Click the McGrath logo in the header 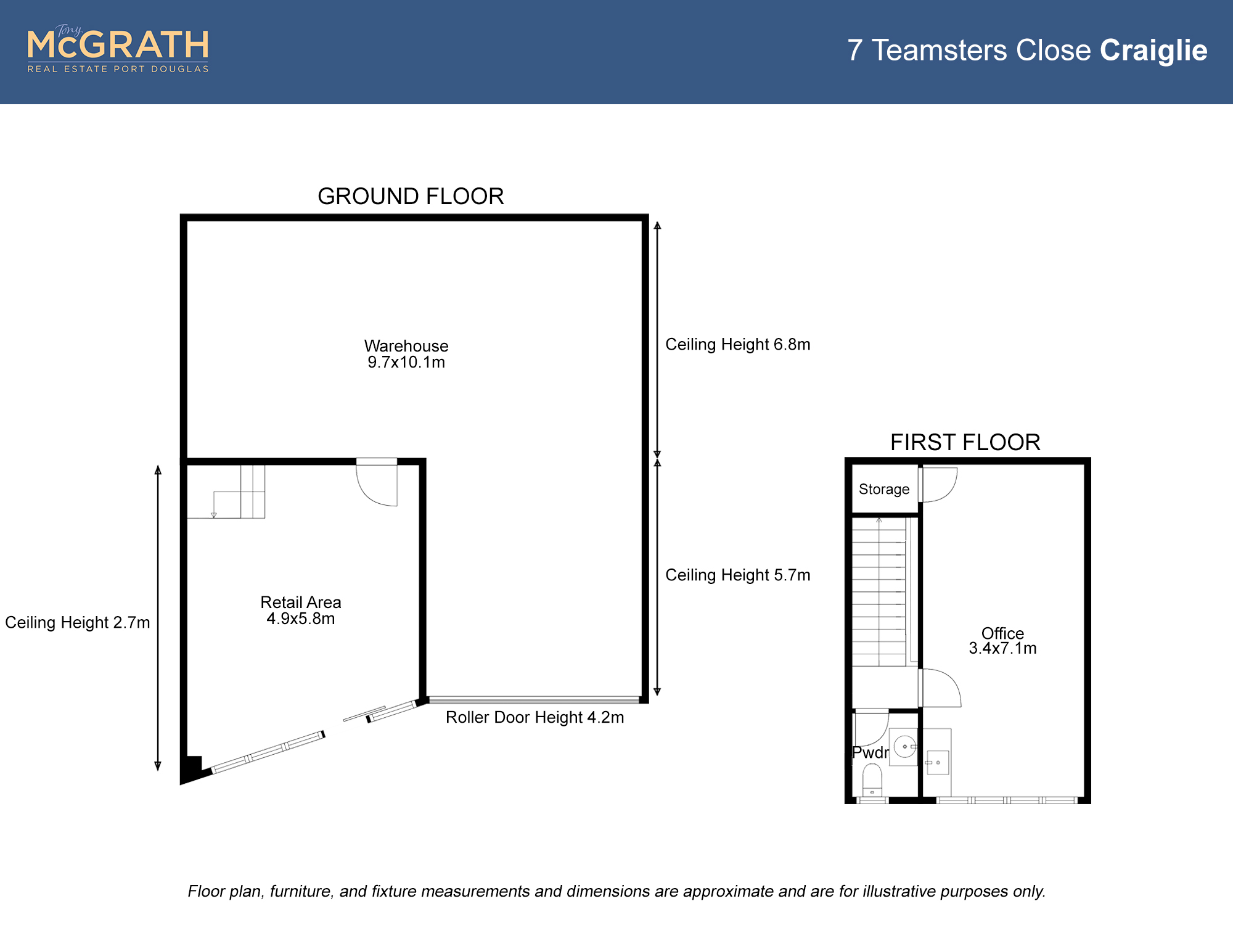pos(118,49)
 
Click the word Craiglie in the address pos(1153,51)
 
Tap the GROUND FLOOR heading pos(411,196)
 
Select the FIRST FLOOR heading pos(965,442)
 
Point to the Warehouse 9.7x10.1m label pos(406,354)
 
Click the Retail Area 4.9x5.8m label pos(301,610)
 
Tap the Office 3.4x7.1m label pos(1002,641)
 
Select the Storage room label pos(884,489)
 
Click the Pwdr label pos(870,752)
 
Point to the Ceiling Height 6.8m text pos(738,344)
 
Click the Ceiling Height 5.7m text pos(738,575)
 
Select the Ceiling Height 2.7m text pos(78,622)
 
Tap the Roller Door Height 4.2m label pos(535,717)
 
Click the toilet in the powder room pos(872,780)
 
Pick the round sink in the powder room pos(904,747)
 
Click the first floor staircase pos(879,592)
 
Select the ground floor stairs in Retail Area pos(226,491)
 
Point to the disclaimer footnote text pos(616,891)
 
